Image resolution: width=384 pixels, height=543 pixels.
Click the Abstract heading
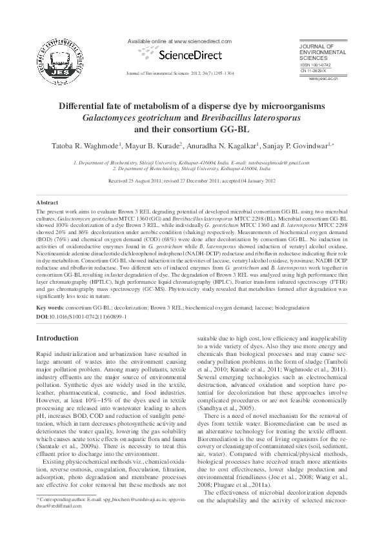pyautogui.click(x=47, y=202)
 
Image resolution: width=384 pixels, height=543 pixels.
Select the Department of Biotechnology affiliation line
pyautogui.click(x=192, y=168)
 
